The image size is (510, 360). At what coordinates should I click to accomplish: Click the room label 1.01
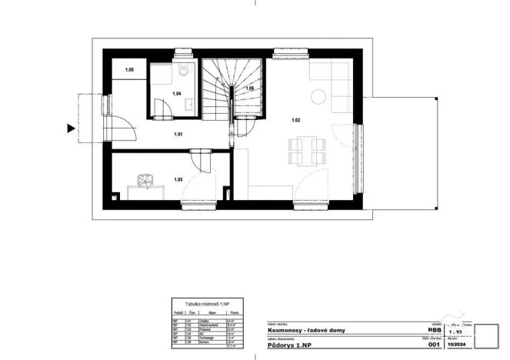[x=178, y=135]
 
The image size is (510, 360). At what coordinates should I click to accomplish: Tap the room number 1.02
[x=295, y=120]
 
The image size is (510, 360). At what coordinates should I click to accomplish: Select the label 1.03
[x=178, y=180]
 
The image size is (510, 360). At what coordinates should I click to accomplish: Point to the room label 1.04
[x=176, y=94]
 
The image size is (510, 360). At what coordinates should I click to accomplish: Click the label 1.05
[x=130, y=71]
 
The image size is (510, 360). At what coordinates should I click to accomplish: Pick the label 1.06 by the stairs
[x=249, y=89]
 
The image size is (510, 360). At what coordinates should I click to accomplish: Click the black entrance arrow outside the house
[x=72, y=128]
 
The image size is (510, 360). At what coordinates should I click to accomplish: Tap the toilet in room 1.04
[x=184, y=73]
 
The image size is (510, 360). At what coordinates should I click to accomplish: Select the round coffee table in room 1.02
[x=318, y=96]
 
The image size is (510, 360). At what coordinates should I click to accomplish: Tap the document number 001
[x=432, y=345]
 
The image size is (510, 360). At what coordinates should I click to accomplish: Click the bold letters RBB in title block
[x=433, y=330]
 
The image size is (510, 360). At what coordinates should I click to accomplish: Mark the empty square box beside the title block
[x=488, y=336]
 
